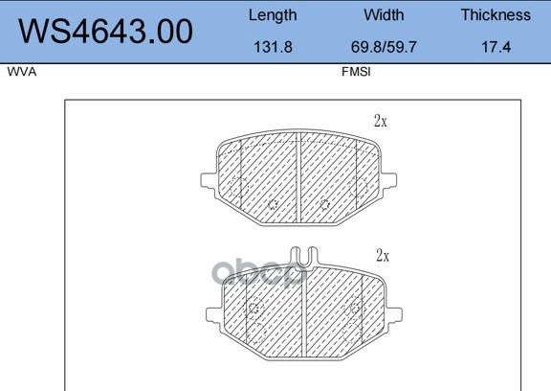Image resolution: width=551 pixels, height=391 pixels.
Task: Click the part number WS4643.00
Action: [x=105, y=32]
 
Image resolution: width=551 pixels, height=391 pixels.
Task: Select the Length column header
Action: [x=273, y=16]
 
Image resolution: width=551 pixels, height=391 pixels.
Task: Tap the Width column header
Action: [x=384, y=14]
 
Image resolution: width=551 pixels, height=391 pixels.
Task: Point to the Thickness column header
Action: [x=496, y=14]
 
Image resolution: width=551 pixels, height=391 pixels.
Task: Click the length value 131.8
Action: [x=273, y=47]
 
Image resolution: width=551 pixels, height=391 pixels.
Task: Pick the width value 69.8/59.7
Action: [x=384, y=47]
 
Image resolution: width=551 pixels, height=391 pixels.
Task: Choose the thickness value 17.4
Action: [x=496, y=47]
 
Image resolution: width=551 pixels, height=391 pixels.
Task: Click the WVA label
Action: [x=22, y=72]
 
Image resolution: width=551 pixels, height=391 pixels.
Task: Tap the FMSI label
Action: [x=356, y=72]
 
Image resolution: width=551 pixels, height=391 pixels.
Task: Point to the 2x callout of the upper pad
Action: [x=381, y=121]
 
